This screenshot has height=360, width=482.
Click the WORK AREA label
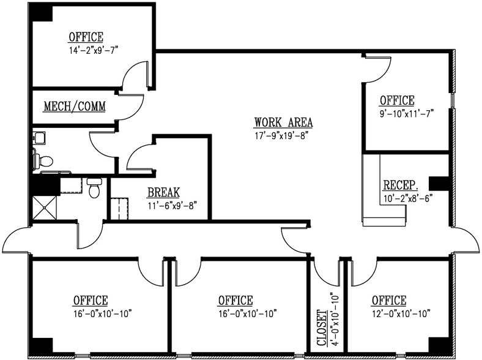279,121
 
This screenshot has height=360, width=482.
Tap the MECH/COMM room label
74,107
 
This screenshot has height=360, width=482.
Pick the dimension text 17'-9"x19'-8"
280,135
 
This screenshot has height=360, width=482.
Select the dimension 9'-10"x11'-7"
407,113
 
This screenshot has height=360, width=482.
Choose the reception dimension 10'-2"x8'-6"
407,198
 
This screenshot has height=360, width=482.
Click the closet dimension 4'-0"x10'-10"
333,321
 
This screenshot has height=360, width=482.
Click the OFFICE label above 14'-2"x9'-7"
86,37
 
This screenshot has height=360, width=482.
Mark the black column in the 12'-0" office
439,346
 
